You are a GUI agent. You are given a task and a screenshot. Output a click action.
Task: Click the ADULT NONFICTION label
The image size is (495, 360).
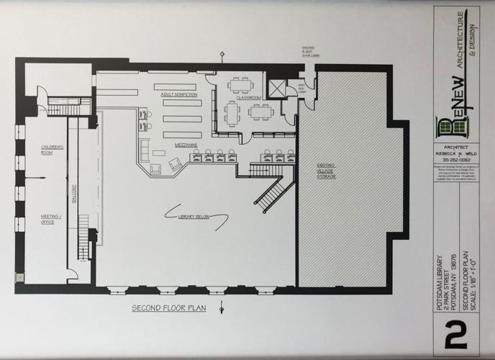tap(178, 94)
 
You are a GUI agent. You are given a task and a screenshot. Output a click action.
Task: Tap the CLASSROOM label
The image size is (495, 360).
tap(249, 97)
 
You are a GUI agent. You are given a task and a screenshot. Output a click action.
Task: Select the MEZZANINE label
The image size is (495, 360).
tap(186, 145)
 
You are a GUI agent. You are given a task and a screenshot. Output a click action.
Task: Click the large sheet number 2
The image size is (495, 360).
tap(455, 336)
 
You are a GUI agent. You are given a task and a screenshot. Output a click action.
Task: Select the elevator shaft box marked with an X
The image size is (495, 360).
tap(276, 89)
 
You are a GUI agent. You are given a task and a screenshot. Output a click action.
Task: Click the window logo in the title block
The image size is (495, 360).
tap(452, 127)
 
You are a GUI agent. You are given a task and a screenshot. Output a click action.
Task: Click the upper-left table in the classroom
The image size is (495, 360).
tap(239, 84)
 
